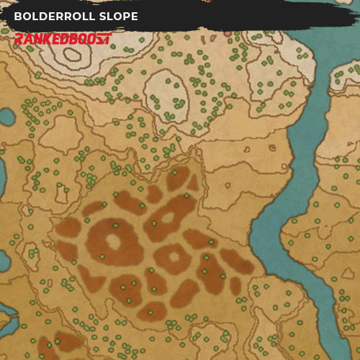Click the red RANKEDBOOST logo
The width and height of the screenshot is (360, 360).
coord(62,38)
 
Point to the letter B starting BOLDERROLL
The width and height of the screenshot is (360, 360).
coord(18,16)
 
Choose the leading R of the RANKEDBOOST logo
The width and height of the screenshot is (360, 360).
coord(19,38)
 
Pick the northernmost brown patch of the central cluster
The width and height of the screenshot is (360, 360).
coord(178,177)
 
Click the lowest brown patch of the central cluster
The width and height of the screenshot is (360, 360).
coord(152,311)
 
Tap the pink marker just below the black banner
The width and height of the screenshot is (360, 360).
coord(228,33)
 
